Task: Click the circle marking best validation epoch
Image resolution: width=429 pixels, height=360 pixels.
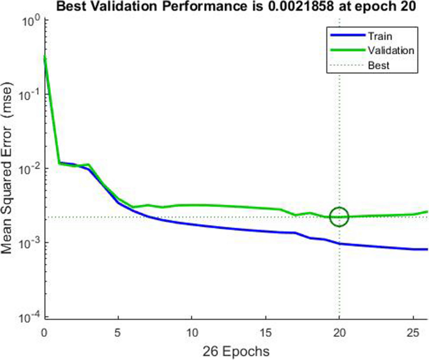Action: [339, 217]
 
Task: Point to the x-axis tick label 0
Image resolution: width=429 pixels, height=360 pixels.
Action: [44, 330]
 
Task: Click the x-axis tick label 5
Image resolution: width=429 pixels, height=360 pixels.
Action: [118, 330]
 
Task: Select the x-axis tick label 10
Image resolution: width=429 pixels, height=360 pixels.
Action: [192, 330]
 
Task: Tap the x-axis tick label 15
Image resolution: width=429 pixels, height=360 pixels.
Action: [266, 330]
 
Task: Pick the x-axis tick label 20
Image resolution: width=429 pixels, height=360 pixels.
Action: [339, 330]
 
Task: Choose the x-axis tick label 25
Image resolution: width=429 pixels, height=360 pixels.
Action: [413, 330]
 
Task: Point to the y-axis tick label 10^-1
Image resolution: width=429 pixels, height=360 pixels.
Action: [30, 94]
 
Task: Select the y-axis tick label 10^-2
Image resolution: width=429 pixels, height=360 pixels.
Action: [30, 168]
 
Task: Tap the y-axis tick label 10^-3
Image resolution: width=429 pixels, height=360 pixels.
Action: [30, 243]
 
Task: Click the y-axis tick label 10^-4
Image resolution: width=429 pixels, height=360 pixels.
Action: [30, 317]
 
